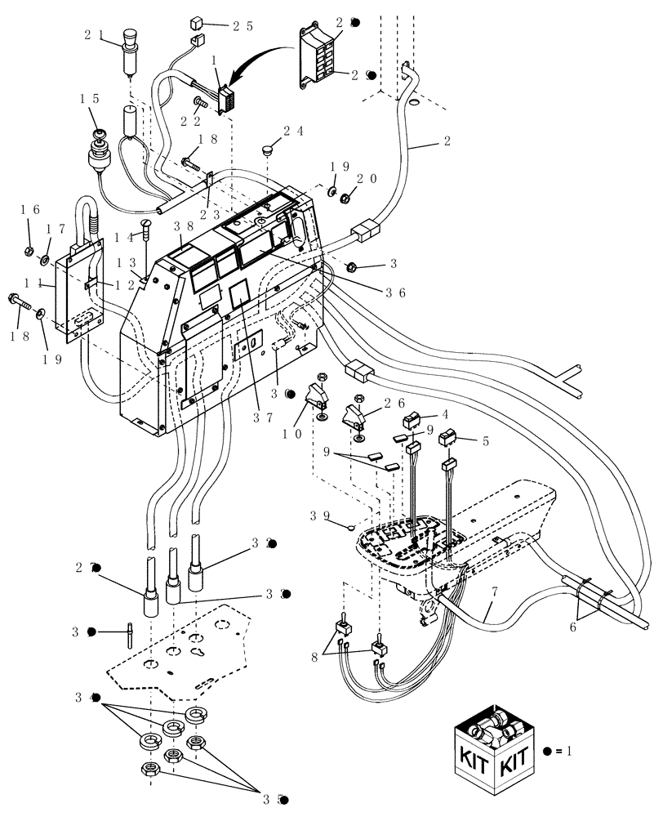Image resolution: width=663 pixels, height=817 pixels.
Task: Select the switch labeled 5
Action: point(448,439)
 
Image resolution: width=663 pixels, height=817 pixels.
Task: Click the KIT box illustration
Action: point(493,749)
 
